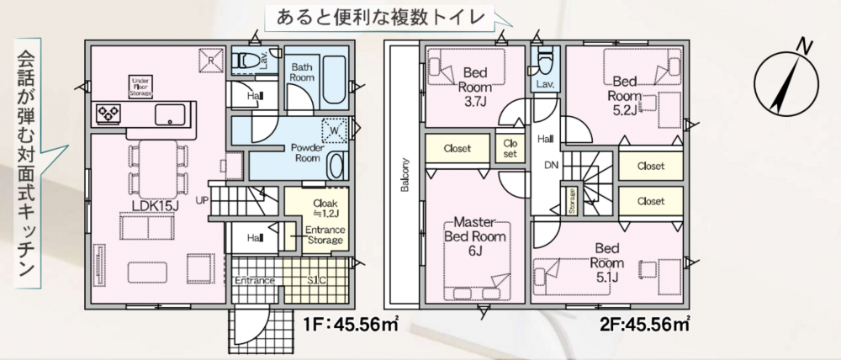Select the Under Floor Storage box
coord(142,87)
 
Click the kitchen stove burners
coord(108,114)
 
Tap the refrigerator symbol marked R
coord(210,61)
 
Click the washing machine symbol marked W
coord(335,130)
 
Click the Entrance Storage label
coord(324,235)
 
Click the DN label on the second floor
coord(551,165)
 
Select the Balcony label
coord(405,174)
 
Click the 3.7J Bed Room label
coord(474,85)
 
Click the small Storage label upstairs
coord(572,201)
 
